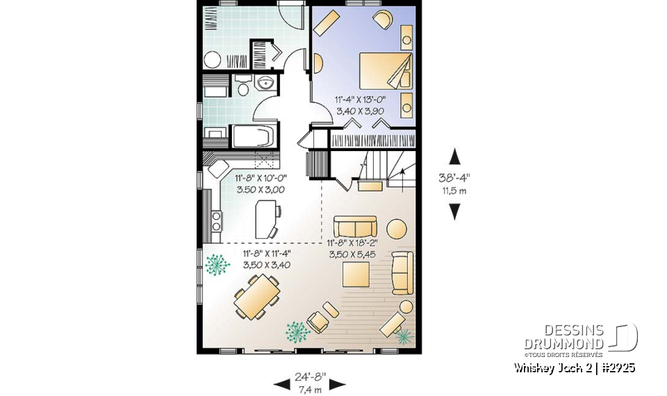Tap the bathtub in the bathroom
pyautogui.click(x=255, y=136)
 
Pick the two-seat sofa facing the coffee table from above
pyautogui.click(x=355, y=227)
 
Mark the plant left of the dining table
pyautogui.click(x=217, y=266)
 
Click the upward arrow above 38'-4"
pyautogui.click(x=454, y=156)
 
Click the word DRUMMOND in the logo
pyautogui.click(x=563, y=343)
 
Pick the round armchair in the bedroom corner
pyautogui.click(x=382, y=19)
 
